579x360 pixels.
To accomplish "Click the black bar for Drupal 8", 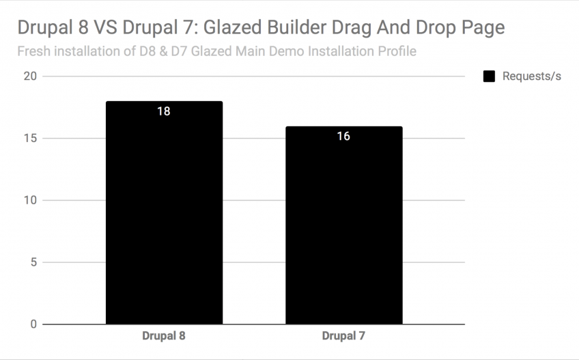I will point(164,219).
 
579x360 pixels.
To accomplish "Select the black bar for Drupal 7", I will point(343,232).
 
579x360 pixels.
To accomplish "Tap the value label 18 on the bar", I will point(164,111).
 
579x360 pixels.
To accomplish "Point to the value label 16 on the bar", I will point(343,136).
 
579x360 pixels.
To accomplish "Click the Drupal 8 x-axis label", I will point(164,336).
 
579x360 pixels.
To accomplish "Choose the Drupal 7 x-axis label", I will point(343,336).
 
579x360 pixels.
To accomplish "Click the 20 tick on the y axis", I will point(30,76).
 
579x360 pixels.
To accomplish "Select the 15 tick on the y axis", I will point(30,138).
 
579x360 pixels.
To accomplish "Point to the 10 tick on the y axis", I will point(30,200).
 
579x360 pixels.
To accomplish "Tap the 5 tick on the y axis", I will point(33,262).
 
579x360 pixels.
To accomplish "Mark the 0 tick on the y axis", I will point(33,324).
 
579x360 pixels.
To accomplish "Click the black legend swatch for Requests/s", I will point(489,77).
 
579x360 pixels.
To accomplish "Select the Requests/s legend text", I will point(531,77).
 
